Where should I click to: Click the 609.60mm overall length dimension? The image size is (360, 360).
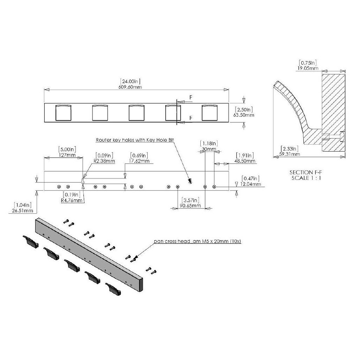tap(130, 87)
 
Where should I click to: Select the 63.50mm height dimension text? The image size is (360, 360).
tap(244, 115)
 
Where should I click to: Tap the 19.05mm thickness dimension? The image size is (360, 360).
tap(308, 68)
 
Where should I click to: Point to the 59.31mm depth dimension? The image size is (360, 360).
tap(290, 154)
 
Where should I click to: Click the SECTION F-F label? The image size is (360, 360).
tap(306, 172)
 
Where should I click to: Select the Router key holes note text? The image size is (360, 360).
tap(135, 140)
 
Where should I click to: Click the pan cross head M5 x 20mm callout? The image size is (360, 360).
tap(198, 241)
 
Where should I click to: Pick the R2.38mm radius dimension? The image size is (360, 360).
tap(104, 161)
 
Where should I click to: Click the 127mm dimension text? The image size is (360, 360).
tap(67, 155)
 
